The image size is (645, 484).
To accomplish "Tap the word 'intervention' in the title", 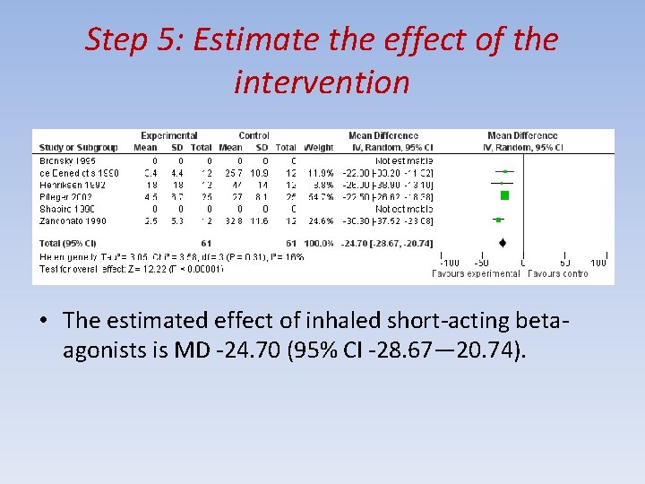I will (x=322, y=82).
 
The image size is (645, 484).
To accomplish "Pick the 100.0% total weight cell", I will (x=318, y=243).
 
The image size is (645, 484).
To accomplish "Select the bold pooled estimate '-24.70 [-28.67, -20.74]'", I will (x=387, y=243).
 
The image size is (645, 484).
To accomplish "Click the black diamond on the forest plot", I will (x=502, y=242).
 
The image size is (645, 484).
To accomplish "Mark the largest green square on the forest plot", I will (x=504, y=194).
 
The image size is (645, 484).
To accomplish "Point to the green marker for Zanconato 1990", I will (x=497, y=219).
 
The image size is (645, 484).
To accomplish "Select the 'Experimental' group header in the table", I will (x=168, y=136).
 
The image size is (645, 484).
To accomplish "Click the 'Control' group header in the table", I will (x=254, y=136).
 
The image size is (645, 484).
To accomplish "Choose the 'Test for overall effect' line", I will (x=125, y=267).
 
